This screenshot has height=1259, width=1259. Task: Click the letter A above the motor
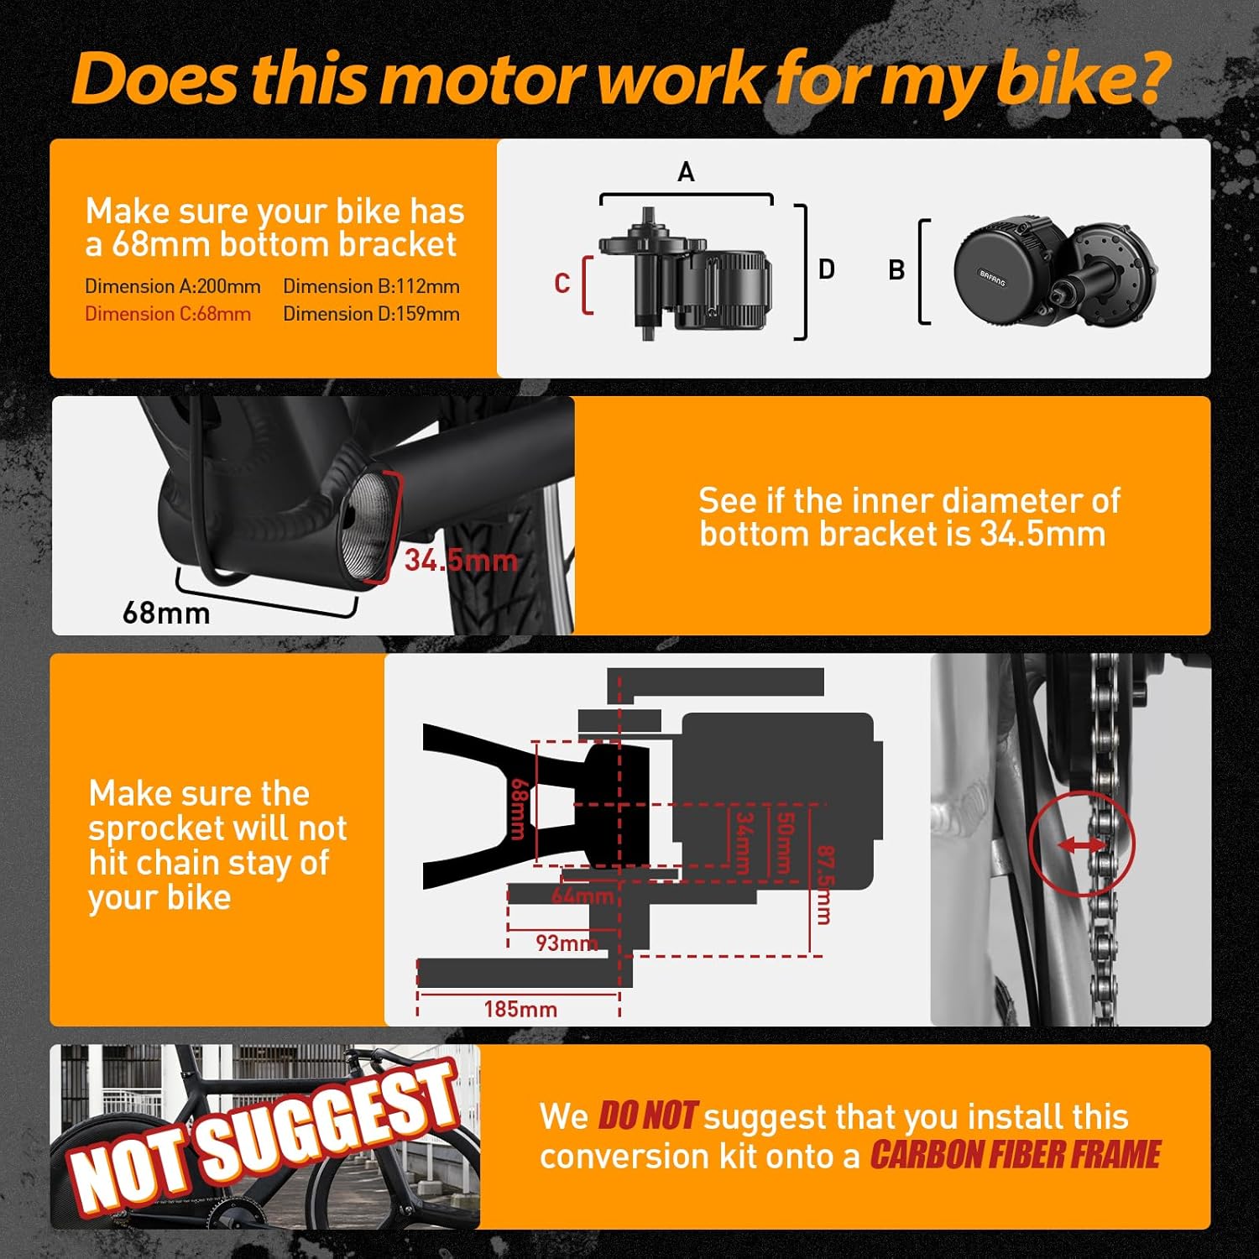coord(686,173)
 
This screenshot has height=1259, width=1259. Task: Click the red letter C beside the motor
coord(562,284)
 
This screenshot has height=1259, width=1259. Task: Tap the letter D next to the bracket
coord(827,269)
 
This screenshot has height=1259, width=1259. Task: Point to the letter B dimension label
coord(896,270)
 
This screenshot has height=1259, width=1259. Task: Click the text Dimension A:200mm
coord(173,286)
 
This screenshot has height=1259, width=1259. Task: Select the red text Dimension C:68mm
coord(168,314)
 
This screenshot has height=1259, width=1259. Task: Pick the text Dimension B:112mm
coord(371,286)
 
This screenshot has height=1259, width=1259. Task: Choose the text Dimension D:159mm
coord(371,314)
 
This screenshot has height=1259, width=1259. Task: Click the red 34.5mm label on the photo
coord(461,560)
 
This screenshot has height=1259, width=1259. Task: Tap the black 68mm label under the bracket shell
coord(166,613)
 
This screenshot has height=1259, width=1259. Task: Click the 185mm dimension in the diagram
coord(520,1008)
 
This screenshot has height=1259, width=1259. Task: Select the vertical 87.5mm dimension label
coord(824,885)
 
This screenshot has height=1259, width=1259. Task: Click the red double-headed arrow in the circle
coord(1082,846)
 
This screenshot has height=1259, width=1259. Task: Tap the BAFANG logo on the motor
coord(992,278)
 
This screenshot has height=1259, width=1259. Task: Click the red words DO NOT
coord(647,1116)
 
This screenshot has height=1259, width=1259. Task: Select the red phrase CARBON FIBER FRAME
coord(1015,1156)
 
